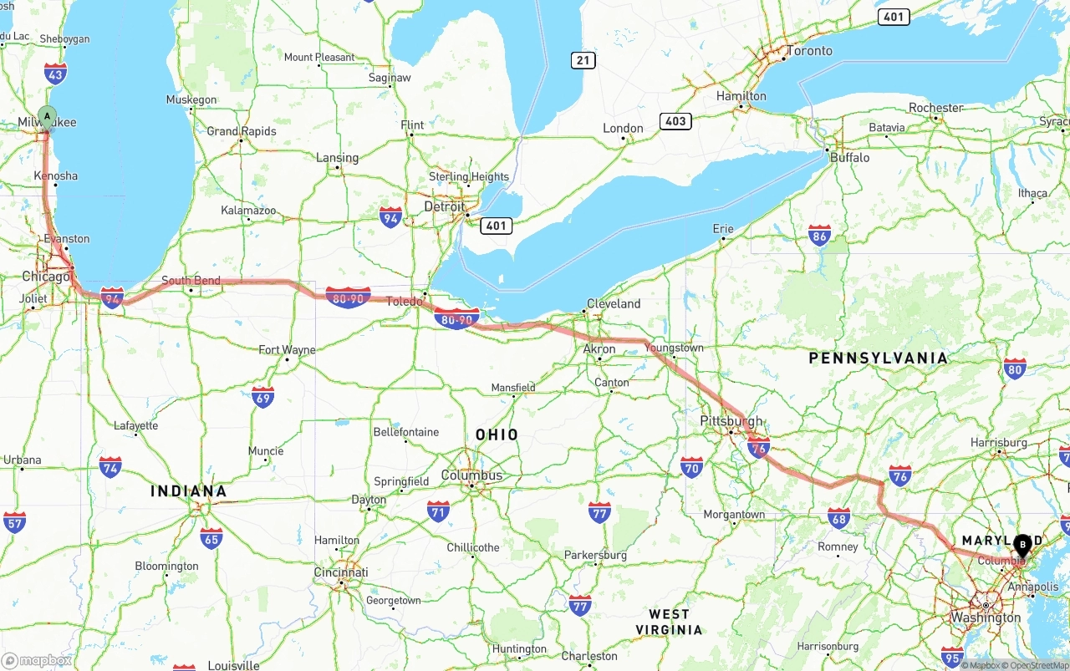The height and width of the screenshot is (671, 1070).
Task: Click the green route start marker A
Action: click(48, 117)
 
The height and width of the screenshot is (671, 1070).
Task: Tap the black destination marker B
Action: click(1022, 545)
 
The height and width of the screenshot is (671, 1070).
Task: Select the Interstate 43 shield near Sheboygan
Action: click(56, 74)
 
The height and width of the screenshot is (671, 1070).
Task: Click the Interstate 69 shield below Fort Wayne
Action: click(263, 397)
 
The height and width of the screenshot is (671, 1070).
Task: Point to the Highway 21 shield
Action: click(583, 60)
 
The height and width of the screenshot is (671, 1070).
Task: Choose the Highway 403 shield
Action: click(675, 121)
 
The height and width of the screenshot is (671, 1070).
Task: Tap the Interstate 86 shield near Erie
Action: click(819, 236)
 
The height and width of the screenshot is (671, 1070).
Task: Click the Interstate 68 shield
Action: click(838, 518)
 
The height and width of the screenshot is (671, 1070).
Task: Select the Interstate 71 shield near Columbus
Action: click(438, 511)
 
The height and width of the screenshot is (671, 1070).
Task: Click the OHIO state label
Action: click(497, 435)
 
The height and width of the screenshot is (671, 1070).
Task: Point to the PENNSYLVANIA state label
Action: click(878, 358)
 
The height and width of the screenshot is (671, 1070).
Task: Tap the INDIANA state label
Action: click(189, 491)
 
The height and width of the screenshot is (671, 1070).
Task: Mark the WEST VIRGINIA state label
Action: click(669, 622)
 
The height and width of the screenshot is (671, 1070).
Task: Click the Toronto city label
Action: click(809, 51)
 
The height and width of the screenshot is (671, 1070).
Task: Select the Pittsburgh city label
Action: click(731, 421)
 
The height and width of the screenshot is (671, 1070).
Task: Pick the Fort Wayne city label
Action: click(287, 350)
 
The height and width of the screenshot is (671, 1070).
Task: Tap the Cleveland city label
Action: click(614, 303)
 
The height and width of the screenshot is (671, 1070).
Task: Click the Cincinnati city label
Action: click(341, 572)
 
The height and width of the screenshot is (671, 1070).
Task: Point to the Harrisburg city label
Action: click(999, 442)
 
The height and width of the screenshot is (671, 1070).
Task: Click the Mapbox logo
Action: click(37, 660)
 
